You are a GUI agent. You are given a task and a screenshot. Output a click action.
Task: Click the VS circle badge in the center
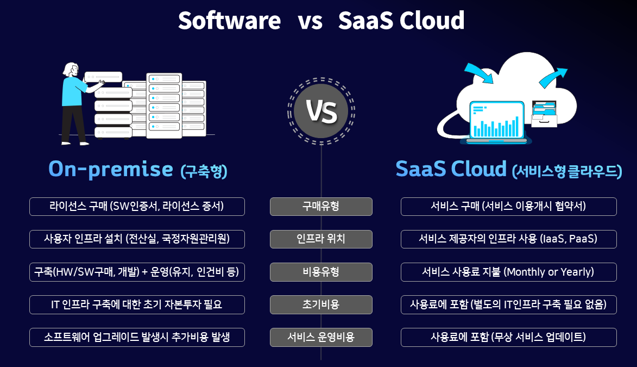click(x=321, y=111)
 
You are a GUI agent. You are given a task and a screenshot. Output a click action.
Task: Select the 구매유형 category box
click(x=321, y=206)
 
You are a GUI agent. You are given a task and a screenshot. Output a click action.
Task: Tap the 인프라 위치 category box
click(x=321, y=239)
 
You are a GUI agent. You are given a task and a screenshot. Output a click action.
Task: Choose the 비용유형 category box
click(x=321, y=272)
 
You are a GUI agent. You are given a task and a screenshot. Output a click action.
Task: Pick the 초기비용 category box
click(x=321, y=304)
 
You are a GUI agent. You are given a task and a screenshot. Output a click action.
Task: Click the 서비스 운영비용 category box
click(x=321, y=337)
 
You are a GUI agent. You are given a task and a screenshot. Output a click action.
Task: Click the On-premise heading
click(x=110, y=169)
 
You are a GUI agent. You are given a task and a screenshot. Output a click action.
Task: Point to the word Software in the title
click(x=230, y=20)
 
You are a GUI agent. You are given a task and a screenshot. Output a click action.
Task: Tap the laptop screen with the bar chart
click(x=496, y=120)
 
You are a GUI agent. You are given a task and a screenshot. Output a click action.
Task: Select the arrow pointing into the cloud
click(x=479, y=73)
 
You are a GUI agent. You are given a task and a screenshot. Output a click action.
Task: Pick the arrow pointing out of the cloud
click(x=553, y=77)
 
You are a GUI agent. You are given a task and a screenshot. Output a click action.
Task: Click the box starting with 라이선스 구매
click(x=137, y=206)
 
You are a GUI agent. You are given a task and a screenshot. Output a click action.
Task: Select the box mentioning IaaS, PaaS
click(x=509, y=239)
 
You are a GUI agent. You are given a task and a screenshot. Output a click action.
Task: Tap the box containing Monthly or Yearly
click(x=509, y=272)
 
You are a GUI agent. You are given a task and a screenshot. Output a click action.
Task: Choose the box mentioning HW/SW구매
click(x=137, y=272)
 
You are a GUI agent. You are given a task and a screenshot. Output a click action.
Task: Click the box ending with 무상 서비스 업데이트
click(x=509, y=337)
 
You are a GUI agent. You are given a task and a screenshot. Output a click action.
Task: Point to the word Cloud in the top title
click(x=431, y=20)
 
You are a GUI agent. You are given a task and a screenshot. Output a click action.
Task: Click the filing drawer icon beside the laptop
click(x=544, y=114)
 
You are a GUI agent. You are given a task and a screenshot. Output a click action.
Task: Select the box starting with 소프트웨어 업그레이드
click(x=137, y=337)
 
